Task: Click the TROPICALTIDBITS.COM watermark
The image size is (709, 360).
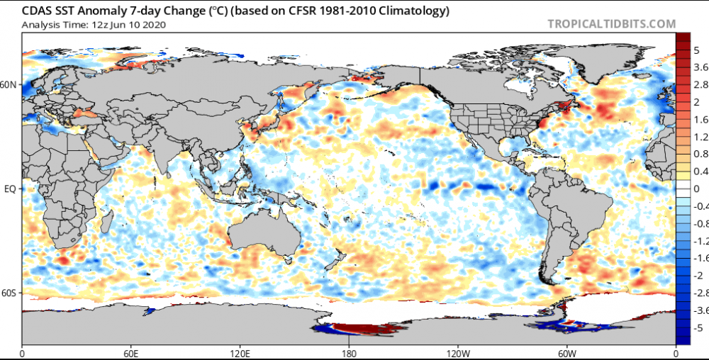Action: [x=612, y=24]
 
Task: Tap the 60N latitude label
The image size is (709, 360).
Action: [x=9, y=85]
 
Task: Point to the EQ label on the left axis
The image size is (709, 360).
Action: [x=9, y=189]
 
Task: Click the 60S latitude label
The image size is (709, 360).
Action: [x=9, y=293]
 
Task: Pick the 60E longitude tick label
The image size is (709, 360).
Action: [x=131, y=353]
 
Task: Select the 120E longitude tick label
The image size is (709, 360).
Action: [x=240, y=353]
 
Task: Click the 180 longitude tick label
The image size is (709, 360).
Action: [x=349, y=353]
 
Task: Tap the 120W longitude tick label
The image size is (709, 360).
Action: [x=457, y=353]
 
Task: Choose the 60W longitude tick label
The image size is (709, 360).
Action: [x=566, y=353]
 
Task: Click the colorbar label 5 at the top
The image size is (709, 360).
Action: [x=697, y=50]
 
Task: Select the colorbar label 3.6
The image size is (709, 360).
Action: [x=700, y=67]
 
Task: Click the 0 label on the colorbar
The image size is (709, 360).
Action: [x=697, y=189]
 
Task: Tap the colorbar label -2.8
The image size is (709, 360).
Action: [x=702, y=293]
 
